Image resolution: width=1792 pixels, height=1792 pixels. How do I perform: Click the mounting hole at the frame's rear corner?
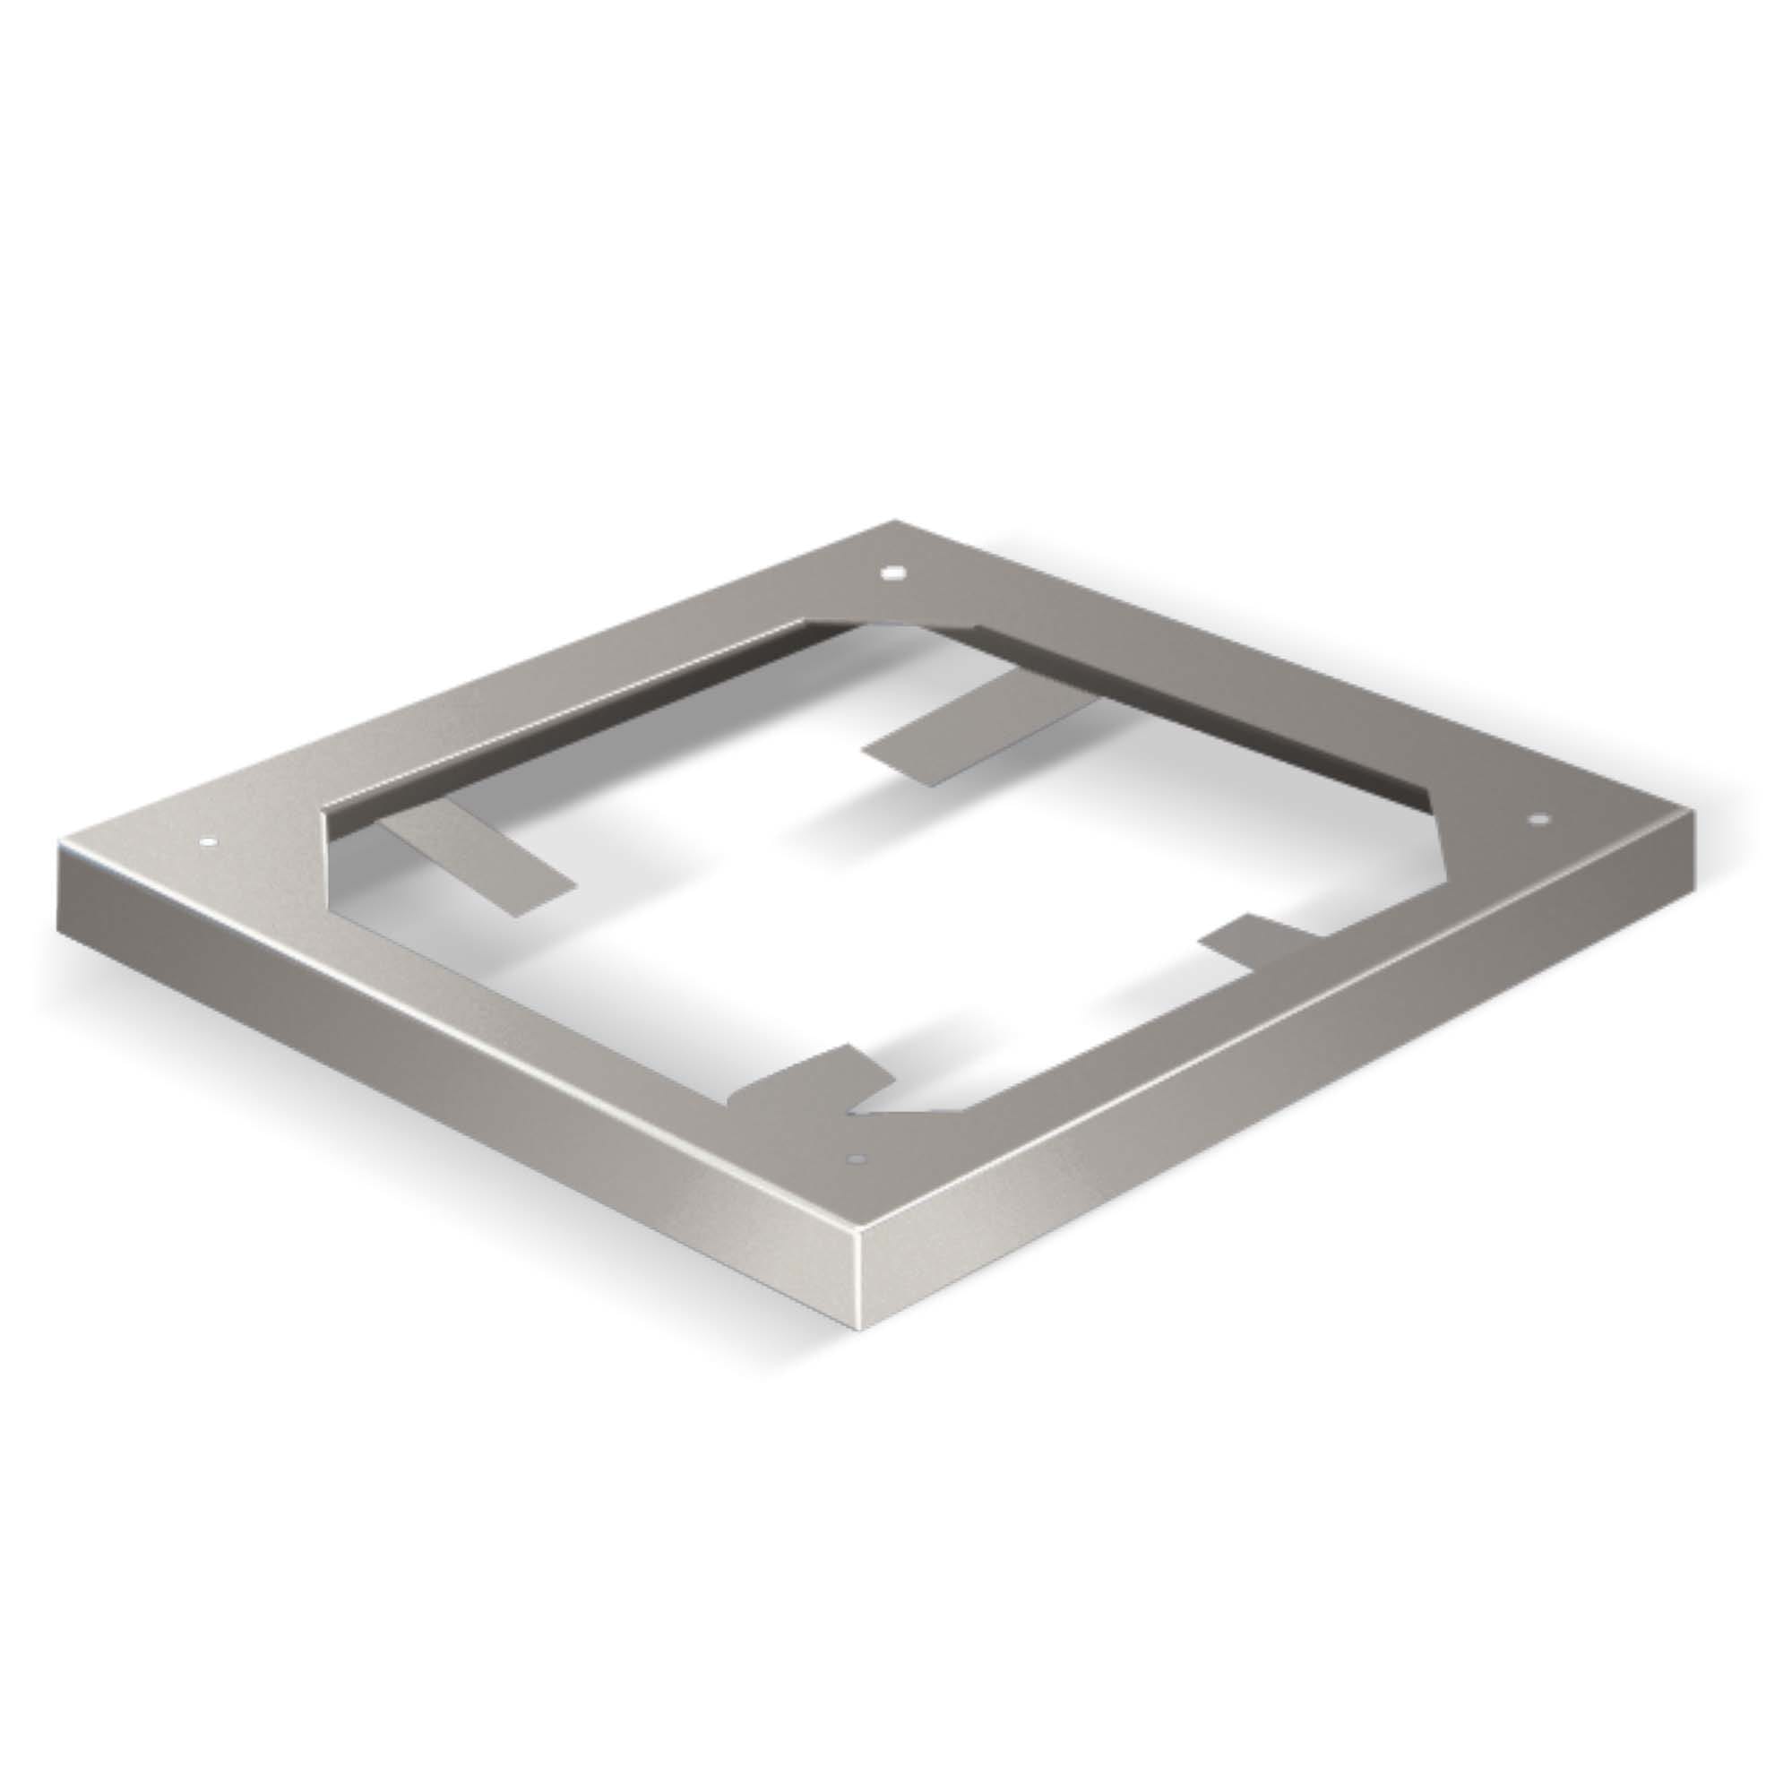pos(892,573)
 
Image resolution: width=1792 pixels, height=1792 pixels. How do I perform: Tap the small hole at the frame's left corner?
pos(208,843)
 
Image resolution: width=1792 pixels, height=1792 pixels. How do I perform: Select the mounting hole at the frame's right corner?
pos(1538,820)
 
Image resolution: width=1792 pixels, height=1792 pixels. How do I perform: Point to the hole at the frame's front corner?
pos(856,1159)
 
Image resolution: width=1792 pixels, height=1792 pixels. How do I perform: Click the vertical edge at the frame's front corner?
pos(862,1289)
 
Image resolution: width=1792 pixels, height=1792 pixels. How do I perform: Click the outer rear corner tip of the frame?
pos(896,522)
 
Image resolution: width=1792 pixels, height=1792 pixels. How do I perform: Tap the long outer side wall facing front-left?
pos(445,1066)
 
